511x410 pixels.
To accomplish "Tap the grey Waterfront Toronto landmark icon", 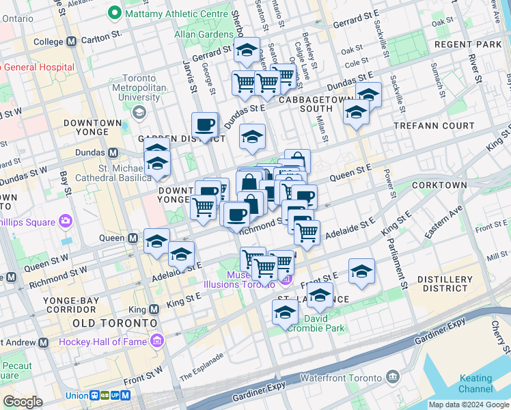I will tap(393, 377).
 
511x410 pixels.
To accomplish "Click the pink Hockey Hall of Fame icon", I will tap(158, 341).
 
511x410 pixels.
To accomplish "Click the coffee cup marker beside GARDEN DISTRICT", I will tap(204, 124).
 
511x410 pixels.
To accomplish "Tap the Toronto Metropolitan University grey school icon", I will tap(139, 112).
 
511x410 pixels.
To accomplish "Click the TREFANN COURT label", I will tap(442, 126).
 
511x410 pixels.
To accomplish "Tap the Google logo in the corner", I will tap(23, 402).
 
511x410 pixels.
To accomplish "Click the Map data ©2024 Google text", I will tap(468, 405).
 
